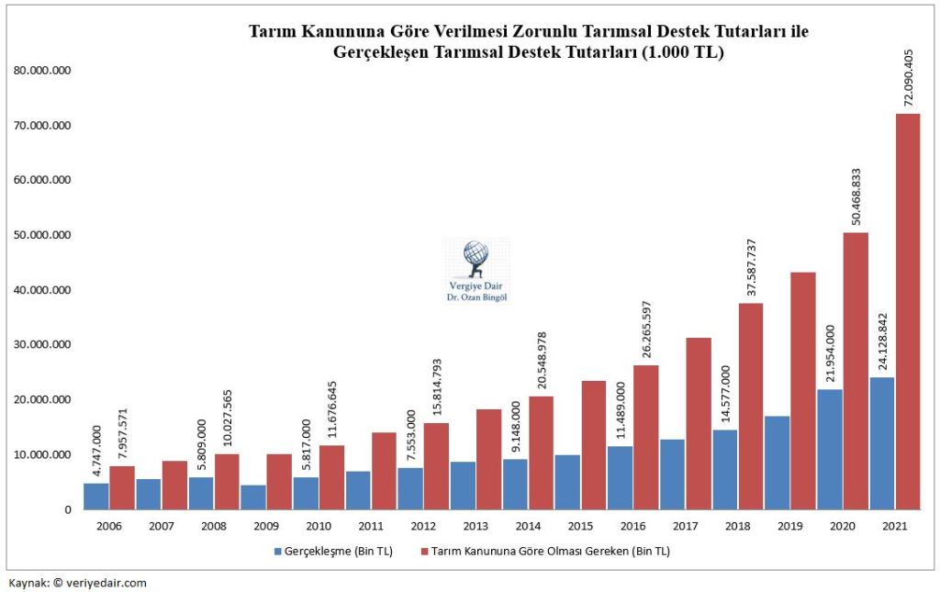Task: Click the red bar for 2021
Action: coord(908,312)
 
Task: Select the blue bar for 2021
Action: coord(882,443)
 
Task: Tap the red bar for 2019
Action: coord(803,390)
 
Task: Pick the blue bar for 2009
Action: coord(253,497)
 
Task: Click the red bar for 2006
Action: coord(122,487)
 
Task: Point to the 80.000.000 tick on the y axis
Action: coord(43,71)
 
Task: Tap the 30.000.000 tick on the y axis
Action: coord(43,345)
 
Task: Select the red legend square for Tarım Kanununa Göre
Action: coord(423,552)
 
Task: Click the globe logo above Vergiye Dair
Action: coord(476,257)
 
